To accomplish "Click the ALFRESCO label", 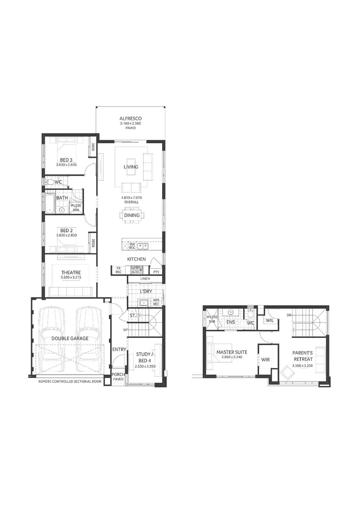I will click(131, 118).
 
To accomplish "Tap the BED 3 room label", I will click(65, 160).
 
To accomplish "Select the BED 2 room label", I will click(65, 230).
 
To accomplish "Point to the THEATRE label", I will click(71, 272).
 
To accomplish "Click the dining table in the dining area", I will click(132, 215).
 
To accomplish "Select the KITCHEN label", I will click(137, 259).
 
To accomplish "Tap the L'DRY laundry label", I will click(145, 291).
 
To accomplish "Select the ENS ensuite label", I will click(230, 322).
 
